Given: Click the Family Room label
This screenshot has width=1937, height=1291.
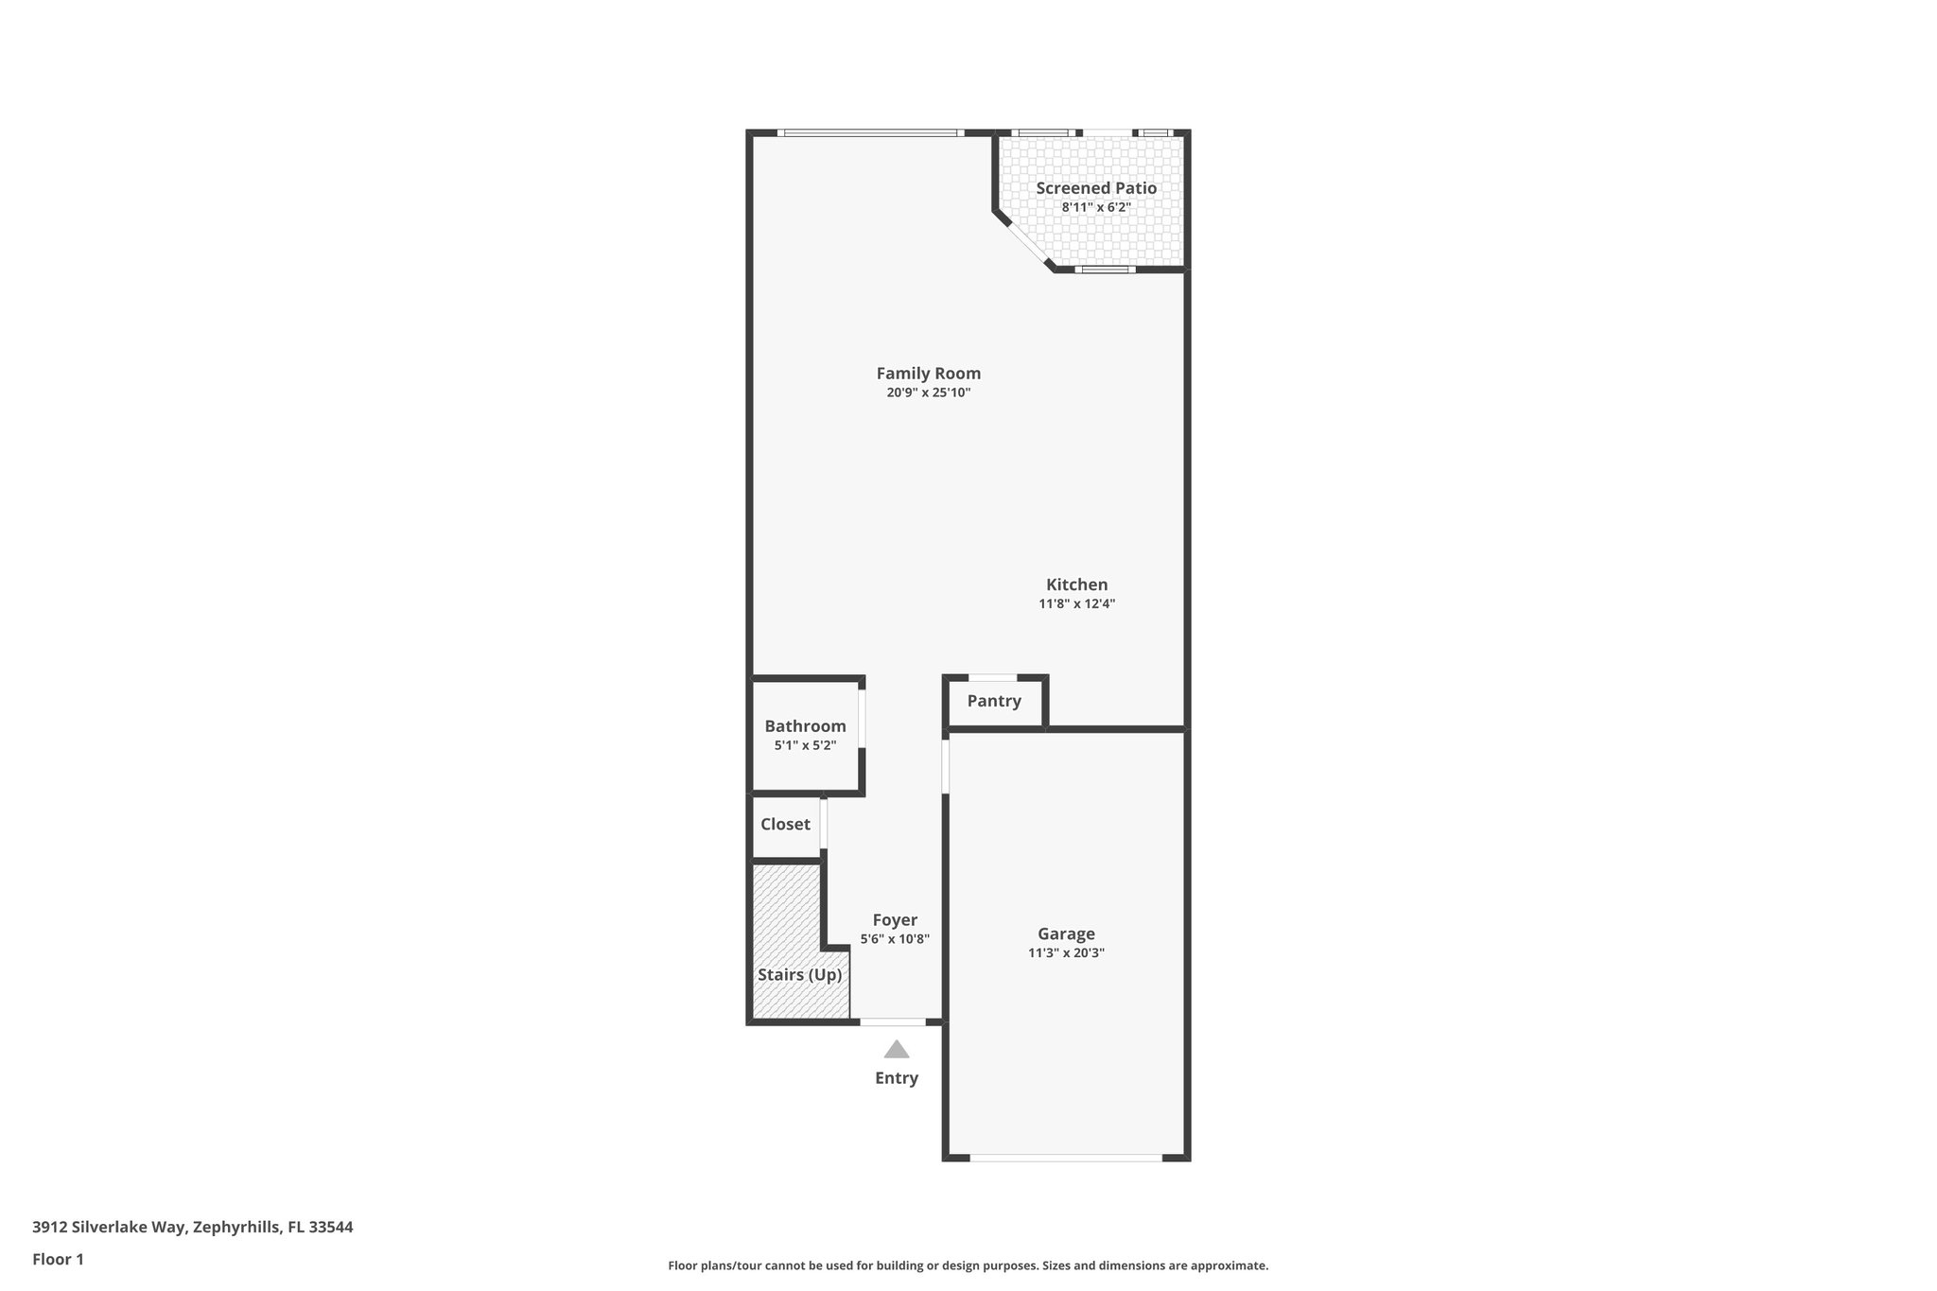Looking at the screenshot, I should (x=928, y=374).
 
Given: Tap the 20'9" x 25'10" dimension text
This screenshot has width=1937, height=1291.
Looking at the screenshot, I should (x=928, y=393).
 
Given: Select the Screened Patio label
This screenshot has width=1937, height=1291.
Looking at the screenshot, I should (x=1096, y=188).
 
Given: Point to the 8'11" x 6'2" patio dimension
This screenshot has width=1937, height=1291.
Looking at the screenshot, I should (x=1096, y=207).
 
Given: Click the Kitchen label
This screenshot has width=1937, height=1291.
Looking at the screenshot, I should (x=1076, y=584).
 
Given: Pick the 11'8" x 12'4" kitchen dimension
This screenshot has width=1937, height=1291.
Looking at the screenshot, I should (x=1076, y=603).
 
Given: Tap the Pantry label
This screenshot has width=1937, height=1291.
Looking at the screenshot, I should (x=994, y=701).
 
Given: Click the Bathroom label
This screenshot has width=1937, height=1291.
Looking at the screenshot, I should (x=805, y=726).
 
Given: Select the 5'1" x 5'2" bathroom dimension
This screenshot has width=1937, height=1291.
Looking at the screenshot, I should (x=805, y=745).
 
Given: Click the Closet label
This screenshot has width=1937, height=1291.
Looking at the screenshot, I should (x=785, y=824).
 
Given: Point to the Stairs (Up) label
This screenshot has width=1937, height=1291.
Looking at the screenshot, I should (x=799, y=975).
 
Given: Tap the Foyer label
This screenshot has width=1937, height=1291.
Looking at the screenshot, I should (x=895, y=920).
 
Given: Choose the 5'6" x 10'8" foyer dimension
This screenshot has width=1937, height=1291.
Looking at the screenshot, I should (x=895, y=939).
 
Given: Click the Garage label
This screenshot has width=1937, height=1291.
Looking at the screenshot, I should (x=1066, y=934).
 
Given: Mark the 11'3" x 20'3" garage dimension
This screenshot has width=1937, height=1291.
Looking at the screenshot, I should (x=1066, y=953).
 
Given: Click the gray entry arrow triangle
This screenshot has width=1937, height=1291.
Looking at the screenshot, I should (x=897, y=1050).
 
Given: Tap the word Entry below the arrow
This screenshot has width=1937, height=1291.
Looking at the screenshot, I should (x=897, y=1078).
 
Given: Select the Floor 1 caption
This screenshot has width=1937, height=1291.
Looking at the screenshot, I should (x=58, y=1260).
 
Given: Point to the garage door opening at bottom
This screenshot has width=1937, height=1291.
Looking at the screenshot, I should (x=1066, y=1157).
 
